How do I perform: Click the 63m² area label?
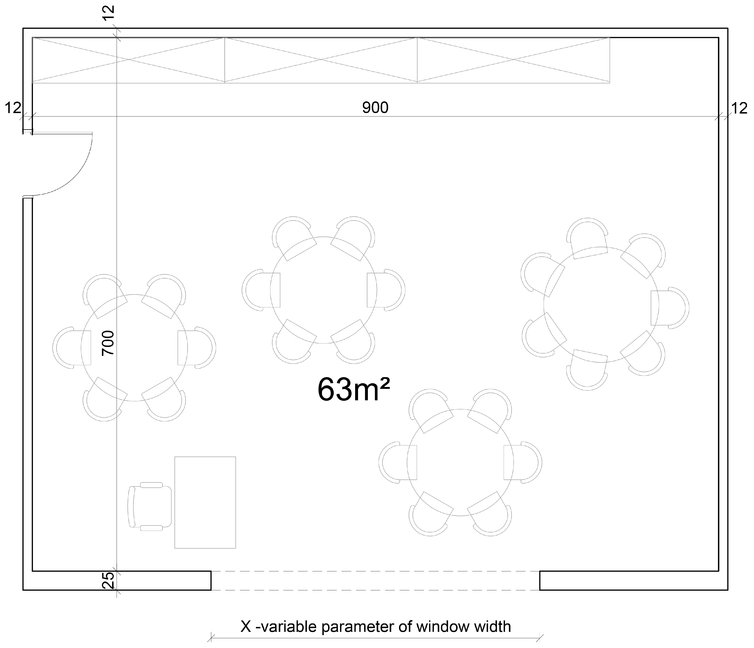coord(354,389)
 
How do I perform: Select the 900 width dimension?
coord(375,107)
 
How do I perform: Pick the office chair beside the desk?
coord(150,506)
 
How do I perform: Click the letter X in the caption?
coord(246,626)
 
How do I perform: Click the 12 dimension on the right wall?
coord(739,108)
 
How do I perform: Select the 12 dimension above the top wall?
coord(108,14)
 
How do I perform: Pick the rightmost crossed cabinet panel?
coord(513,60)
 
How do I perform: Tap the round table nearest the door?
coord(134,348)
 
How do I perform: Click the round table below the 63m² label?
coord(460,462)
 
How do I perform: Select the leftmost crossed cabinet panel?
coord(128,60)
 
